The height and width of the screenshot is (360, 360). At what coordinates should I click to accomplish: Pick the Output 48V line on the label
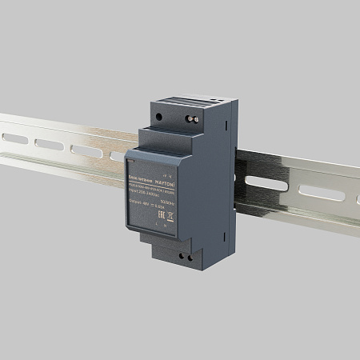146,205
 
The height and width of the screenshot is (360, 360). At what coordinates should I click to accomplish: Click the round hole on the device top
160,116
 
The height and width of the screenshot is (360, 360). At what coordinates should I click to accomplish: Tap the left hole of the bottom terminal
184,256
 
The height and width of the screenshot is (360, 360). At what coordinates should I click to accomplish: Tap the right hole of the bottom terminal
190,258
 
